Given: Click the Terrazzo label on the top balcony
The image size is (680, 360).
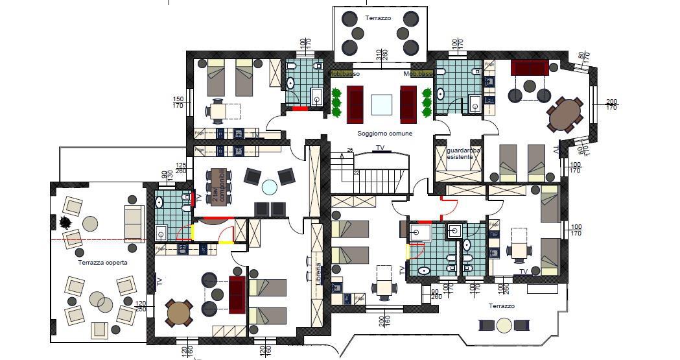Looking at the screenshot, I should tap(378, 18).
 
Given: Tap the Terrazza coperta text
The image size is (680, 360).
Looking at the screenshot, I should tap(102, 263).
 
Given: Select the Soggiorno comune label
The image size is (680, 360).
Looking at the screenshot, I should tap(384, 134).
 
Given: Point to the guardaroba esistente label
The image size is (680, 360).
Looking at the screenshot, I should tap(463, 154).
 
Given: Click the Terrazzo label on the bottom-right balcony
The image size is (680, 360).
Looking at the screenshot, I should tap(502, 306).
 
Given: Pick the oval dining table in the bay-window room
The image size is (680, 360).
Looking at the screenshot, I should tap(565, 114).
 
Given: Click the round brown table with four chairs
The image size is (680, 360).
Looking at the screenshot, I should tap(179, 314).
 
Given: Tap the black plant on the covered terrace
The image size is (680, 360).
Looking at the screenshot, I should tap(65, 222).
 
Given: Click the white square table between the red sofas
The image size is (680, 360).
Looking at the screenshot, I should tap(381, 104).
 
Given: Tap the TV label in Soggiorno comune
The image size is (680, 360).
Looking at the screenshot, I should tap(380, 149).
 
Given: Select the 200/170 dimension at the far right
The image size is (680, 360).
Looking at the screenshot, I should tap(611, 105).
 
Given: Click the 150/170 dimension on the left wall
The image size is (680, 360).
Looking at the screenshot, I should tap(178, 102).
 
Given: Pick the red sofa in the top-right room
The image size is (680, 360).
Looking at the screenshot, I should tap(530, 67).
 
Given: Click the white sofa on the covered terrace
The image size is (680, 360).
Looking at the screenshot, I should tap(134, 223).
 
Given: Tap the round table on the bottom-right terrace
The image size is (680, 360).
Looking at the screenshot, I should tap(504, 326).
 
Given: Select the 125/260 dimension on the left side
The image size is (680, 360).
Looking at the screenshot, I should tap(181, 169).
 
